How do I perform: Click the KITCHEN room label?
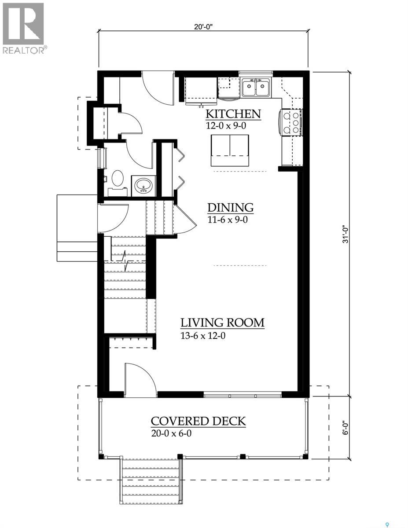coord(233,114)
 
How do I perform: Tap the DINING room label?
coord(230,208)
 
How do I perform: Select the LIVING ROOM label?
coord(222,323)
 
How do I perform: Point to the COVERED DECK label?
coord(198,421)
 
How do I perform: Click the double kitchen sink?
coord(256,88)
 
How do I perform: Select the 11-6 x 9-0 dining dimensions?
coord(228,220)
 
